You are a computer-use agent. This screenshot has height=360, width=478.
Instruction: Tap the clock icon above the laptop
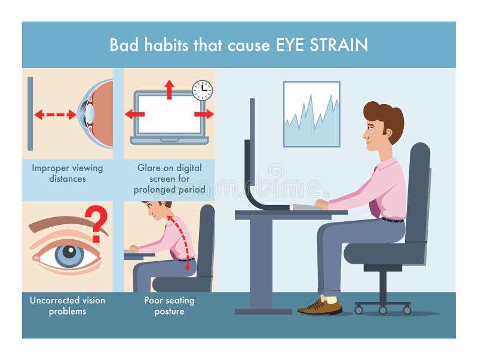[202, 90]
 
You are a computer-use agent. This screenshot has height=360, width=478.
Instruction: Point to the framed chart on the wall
[311, 114]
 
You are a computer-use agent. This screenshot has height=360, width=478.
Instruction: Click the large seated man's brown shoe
[321, 306]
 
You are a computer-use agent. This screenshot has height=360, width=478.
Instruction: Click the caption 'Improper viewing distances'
[67, 173]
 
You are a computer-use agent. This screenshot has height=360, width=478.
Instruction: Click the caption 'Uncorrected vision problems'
[67, 306]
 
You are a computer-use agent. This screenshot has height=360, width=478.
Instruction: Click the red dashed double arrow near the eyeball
[55, 114]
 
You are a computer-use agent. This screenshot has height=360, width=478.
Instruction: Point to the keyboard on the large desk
[308, 207]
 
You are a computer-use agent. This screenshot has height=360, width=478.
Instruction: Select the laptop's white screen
[169, 114]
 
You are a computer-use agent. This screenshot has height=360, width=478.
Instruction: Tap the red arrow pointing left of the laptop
[134, 114]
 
